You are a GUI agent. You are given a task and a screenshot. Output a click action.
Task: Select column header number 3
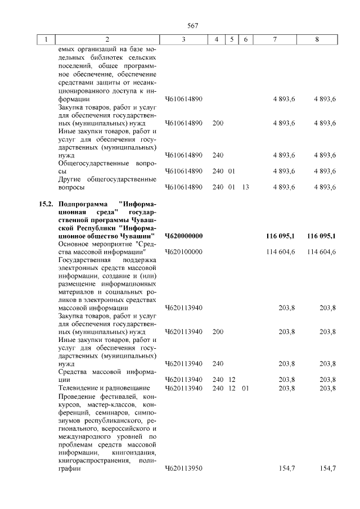pyautogui.click(x=183, y=39)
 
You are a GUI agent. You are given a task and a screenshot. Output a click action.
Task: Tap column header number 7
pyautogui.click(x=274, y=39)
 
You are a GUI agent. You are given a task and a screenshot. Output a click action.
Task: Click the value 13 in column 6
pyautogui.click(x=245, y=187)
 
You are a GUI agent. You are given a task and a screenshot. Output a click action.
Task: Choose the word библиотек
pyautogui.click(x=101, y=58)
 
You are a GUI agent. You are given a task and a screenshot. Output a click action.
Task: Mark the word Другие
pyautogui.click(x=71, y=179)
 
